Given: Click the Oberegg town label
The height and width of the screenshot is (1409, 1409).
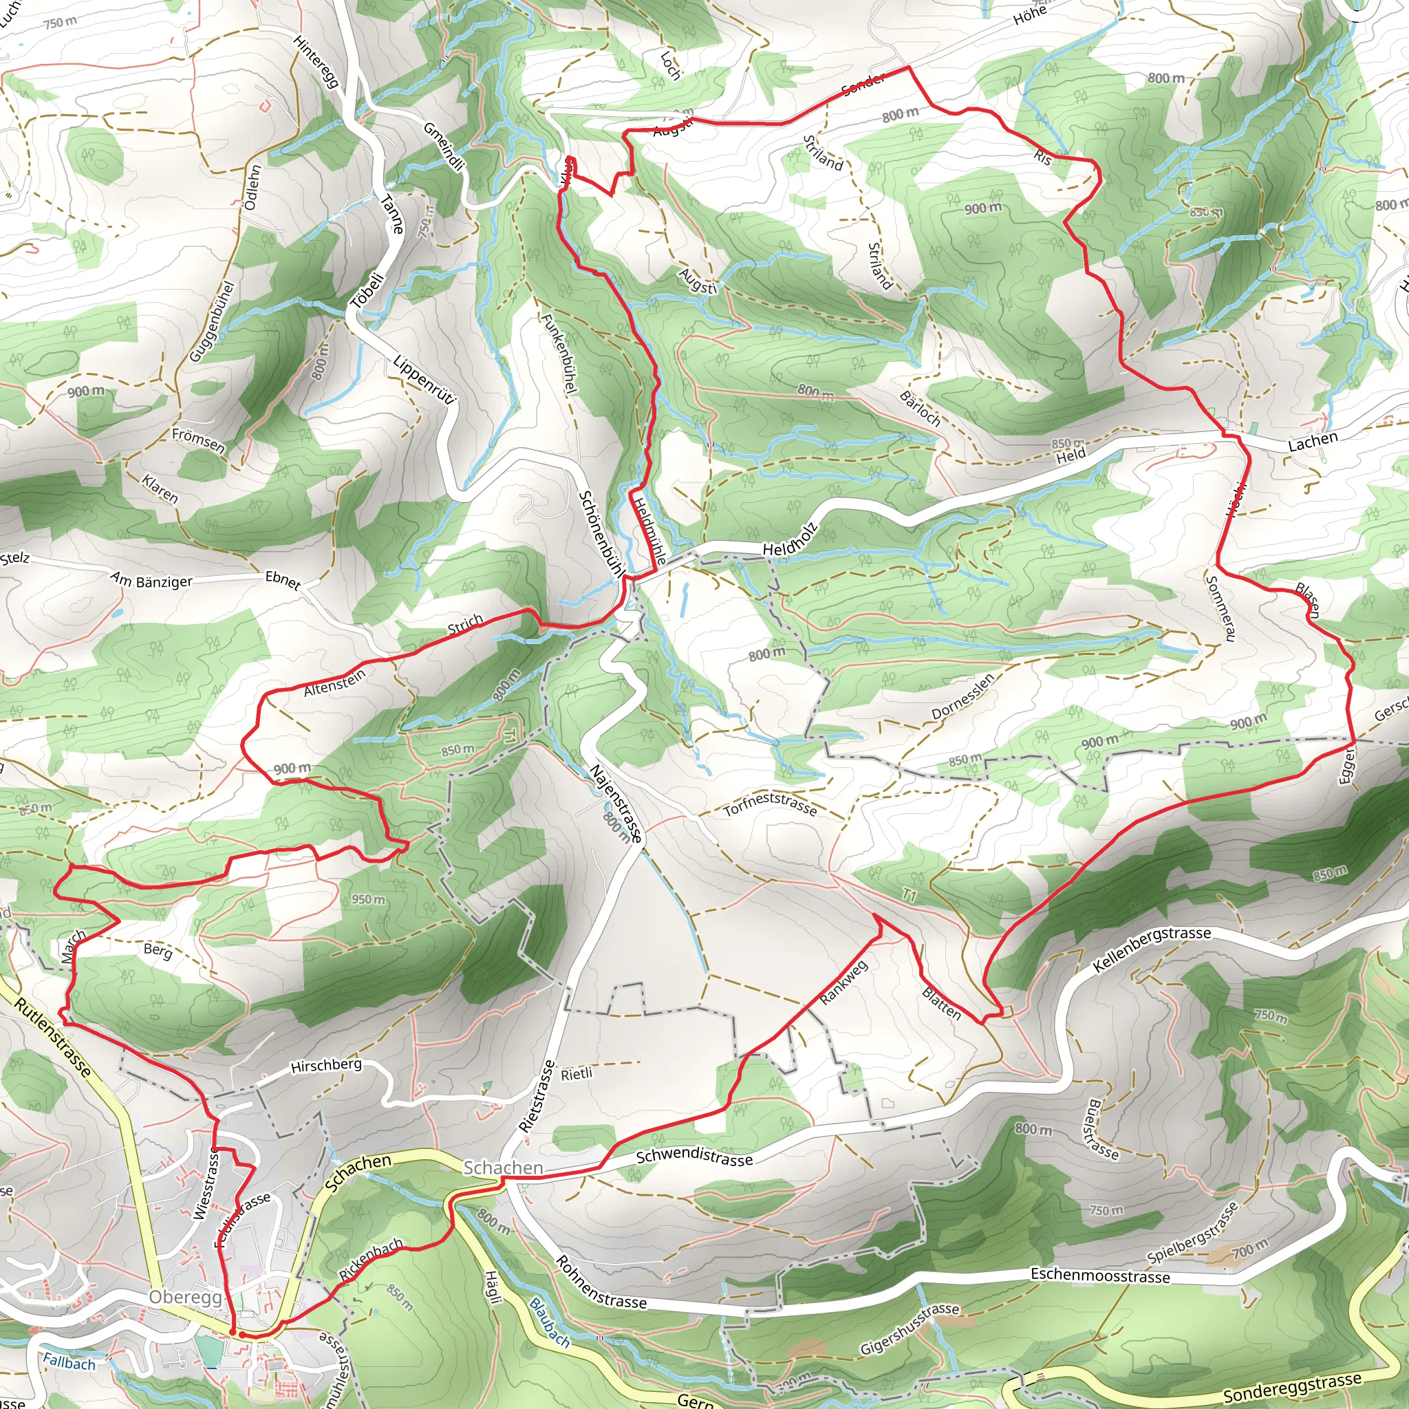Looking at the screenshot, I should point(184,1297).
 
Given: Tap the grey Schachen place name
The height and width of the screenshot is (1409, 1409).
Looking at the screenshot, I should point(503,1168).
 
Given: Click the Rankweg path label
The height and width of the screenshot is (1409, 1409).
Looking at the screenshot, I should point(843,982).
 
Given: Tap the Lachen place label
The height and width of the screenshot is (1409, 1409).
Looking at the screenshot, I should point(1313,441).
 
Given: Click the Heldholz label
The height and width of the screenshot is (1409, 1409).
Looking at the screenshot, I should point(790,539).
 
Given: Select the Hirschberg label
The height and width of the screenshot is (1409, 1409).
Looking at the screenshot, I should point(326,1066).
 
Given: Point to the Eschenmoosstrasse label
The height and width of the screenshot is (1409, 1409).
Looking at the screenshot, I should point(1100,1276).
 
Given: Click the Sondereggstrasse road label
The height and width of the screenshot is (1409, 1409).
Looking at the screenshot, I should point(1291,1386).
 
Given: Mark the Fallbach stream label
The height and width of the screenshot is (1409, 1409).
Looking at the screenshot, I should point(69,1362).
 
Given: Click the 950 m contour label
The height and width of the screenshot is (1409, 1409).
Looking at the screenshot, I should point(368,899).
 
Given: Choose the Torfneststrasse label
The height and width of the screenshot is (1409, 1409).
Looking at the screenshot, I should point(770,803).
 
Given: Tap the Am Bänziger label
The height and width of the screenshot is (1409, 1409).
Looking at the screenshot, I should point(151,581).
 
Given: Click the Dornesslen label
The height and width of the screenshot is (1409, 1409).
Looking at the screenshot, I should point(962,696).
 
